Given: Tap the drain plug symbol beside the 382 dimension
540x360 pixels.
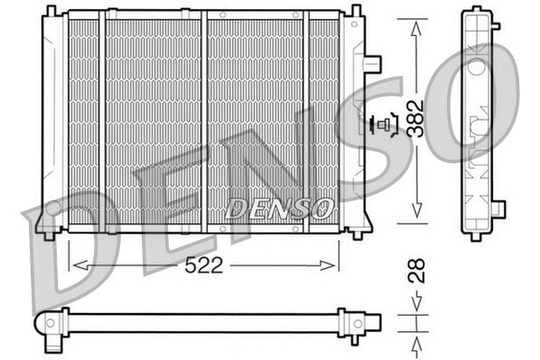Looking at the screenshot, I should click(x=386, y=125).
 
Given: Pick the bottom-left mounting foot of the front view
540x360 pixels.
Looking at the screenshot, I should click(x=49, y=234).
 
